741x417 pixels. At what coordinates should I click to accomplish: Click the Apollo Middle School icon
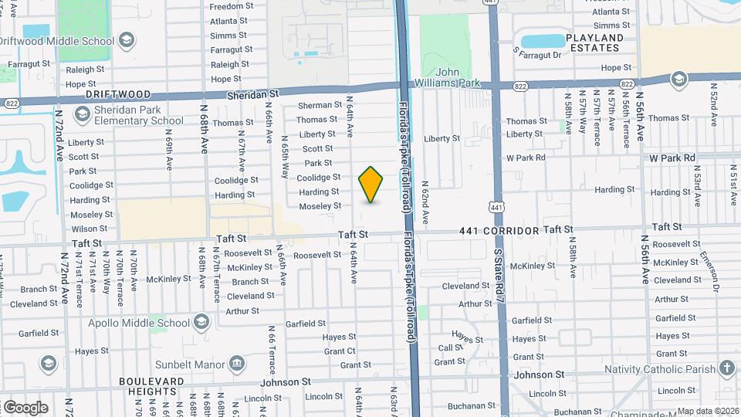click(x=201, y=321)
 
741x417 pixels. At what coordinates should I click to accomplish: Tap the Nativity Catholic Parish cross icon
click(x=727, y=368)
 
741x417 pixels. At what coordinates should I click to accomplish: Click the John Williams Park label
click(x=452, y=77)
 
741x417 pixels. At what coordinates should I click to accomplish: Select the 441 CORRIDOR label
click(x=499, y=231)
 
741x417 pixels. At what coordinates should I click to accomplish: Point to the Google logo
click(x=25, y=407)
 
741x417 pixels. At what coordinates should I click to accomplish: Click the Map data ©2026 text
click(x=708, y=411)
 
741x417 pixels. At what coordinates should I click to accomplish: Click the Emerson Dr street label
click(x=715, y=270)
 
